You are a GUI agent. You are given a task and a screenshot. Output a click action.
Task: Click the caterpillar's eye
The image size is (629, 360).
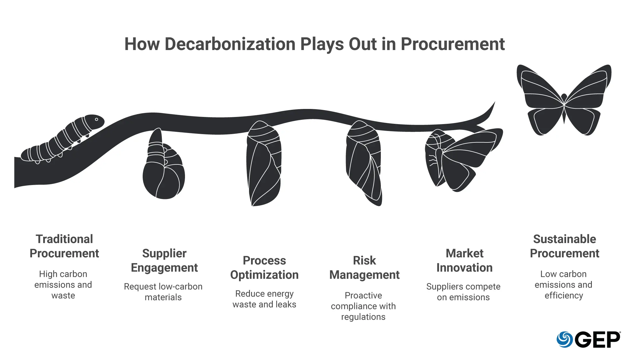[x=97, y=119]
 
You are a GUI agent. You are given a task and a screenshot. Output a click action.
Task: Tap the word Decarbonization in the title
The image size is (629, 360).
[x=230, y=44]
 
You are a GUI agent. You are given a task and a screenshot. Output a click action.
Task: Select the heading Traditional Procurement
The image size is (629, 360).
[x=64, y=246]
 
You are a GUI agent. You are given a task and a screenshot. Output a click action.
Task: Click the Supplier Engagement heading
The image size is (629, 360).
[x=164, y=260]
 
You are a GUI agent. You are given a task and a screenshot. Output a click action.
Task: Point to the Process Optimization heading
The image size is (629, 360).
[x=264, y=268]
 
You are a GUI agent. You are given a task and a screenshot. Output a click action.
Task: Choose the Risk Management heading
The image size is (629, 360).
[x=365, y=268]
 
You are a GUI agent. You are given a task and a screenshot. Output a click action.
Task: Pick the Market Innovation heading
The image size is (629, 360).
[x=465, y=260]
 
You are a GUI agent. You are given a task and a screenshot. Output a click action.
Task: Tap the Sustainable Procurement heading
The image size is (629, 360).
[x=565, y=246]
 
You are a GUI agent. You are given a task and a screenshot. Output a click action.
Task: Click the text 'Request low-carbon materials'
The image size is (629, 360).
[x=163, y=292]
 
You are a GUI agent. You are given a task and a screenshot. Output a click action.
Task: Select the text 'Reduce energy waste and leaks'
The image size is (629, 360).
[x=264, y=299]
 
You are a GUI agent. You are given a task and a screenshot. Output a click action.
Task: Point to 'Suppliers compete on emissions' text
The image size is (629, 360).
[x=463, y=292]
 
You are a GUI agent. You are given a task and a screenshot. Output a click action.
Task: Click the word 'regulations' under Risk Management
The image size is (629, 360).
[x=363, y=317]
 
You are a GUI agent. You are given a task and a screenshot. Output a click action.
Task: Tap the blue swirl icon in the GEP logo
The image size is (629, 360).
[x=564, y=339]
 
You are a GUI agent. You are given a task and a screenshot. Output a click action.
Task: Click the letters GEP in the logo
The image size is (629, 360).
[x=597, y=340]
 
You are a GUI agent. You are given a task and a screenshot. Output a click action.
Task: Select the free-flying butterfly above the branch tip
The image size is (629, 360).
[x=564, y=100]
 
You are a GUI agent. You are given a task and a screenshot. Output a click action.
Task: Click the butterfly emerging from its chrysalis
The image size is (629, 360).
[x=463, y=160]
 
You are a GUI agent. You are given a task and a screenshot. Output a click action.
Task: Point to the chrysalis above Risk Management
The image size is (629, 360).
[x=364, y=163]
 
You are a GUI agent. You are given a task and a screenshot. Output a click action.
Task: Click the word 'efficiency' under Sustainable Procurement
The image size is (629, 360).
[x=564, y=295]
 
